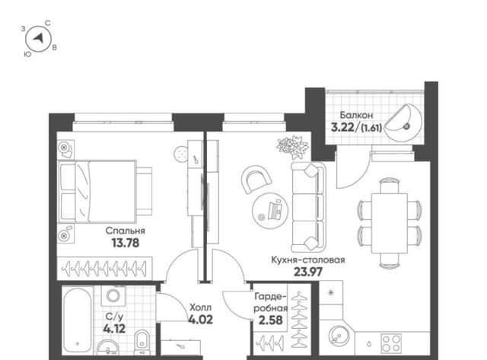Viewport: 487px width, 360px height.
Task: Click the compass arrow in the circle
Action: coord(39,38)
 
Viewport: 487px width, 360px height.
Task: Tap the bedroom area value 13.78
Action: coord(126,243)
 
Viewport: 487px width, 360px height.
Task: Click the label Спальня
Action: coord(125,231)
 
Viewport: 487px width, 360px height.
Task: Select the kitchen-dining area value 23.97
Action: coord(308,272)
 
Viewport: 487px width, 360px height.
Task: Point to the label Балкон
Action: coord(356,115)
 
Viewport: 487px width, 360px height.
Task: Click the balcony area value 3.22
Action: coord(342,127)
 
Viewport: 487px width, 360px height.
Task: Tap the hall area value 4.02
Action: coord(201,320)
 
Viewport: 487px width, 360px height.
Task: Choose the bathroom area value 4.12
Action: coord(114,328)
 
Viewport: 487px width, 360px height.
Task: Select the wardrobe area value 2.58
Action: coord(271,320)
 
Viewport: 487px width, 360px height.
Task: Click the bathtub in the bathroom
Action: coord(78,321)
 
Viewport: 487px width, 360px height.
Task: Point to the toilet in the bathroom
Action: coord(142,342)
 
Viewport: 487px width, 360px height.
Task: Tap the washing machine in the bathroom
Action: coord(113,295)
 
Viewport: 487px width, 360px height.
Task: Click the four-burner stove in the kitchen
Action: coord(391,343)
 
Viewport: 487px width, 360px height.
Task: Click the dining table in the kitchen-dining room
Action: coord(390,224)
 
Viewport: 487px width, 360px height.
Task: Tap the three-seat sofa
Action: coord(308,207)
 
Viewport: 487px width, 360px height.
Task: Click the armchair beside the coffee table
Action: coord(256,179)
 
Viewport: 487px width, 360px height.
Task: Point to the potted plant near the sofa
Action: coord(292,146)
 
